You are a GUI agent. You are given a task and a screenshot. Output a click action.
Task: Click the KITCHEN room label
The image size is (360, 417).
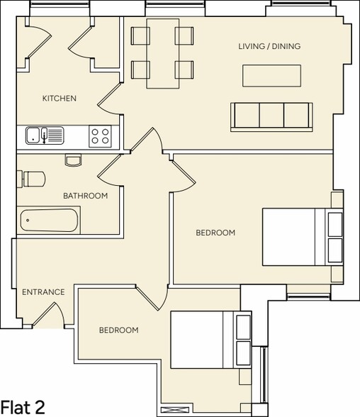coord(59,99)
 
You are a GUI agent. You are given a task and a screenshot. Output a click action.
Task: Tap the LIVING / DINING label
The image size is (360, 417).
coord(269,46)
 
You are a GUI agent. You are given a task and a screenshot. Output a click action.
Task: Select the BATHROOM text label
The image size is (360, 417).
coord(85,196)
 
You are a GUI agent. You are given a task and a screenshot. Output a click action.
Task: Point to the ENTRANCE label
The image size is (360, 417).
coord(43,291)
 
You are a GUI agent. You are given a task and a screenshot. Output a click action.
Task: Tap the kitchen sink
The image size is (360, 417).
coord(45,135)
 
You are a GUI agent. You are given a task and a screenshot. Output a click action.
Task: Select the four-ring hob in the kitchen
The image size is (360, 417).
coord(99,135)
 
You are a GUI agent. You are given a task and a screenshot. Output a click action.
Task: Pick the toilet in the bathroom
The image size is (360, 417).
coord(33,178)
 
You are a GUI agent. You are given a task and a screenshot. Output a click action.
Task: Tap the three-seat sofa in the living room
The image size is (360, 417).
coord(271,116)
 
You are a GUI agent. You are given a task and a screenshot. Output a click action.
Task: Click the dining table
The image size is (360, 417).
coord(163,53)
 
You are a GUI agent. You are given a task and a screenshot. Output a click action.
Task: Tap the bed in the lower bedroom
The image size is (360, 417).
coord(211,339)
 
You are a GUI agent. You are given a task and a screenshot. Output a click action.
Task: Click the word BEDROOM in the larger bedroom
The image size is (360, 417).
coord(215,233)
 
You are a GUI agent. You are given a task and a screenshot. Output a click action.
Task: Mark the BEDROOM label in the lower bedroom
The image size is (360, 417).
coord(118,330)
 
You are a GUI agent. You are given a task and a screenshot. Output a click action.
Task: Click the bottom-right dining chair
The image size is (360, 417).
coord(186,69)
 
